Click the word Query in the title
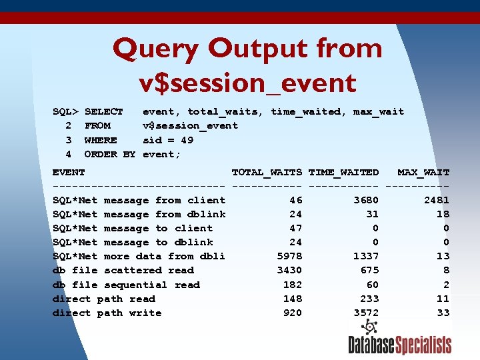(155, 49)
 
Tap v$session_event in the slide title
(248, 83)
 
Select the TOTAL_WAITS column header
(267, 172)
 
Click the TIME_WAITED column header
(343, 172)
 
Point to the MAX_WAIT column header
(423, 172)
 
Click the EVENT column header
(69, 172)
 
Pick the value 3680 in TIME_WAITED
(366, 200)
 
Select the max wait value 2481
(437, 200)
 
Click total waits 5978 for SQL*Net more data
(289, 256)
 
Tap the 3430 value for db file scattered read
(289, 270)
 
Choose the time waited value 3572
(366, 313)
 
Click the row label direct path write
(107, 313)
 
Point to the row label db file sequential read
(126, 285)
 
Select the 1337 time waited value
(366, 256)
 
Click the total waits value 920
(293, 313)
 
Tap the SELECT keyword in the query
(104, 111)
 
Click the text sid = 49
(168, 140)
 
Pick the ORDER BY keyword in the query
(110, 154)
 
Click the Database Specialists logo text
(399, 345)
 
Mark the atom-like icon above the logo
(369, 327)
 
